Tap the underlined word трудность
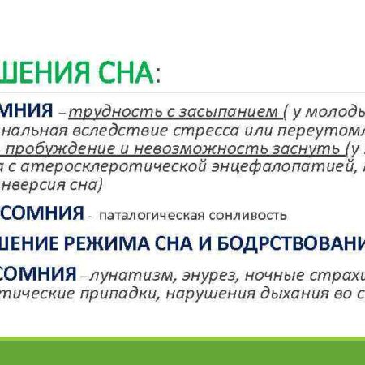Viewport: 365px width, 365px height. [101, 110]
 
